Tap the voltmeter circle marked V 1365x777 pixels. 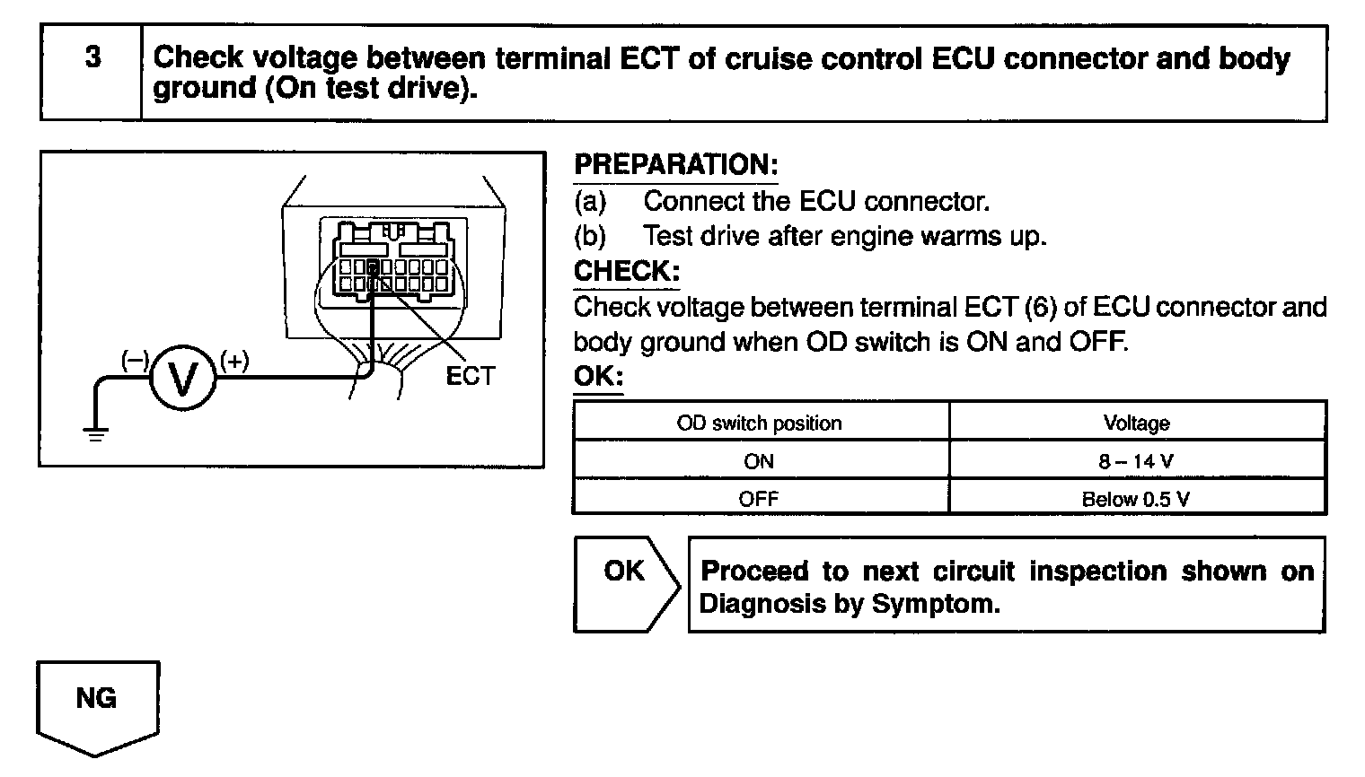coord(183,379)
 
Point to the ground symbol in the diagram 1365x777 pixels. coord(95,433)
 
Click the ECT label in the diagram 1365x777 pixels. coord(471,377)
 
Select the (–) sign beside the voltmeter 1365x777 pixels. coord(135,360)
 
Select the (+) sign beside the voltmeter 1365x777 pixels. coord(234,361)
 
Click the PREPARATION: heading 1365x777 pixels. coord(675,165)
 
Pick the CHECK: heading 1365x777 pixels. coord(627,271)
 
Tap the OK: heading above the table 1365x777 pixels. coord(598,377)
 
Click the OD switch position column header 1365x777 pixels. coord(760,423)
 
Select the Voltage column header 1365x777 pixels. coord(1136,423)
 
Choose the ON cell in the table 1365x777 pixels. coord(759,461)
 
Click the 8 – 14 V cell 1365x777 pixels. coord(1136,461)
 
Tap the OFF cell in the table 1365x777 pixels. coord(759,499)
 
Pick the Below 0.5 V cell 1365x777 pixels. coord(1136,499)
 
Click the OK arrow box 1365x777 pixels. coord(625,583)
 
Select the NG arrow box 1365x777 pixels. coord(97,703)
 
